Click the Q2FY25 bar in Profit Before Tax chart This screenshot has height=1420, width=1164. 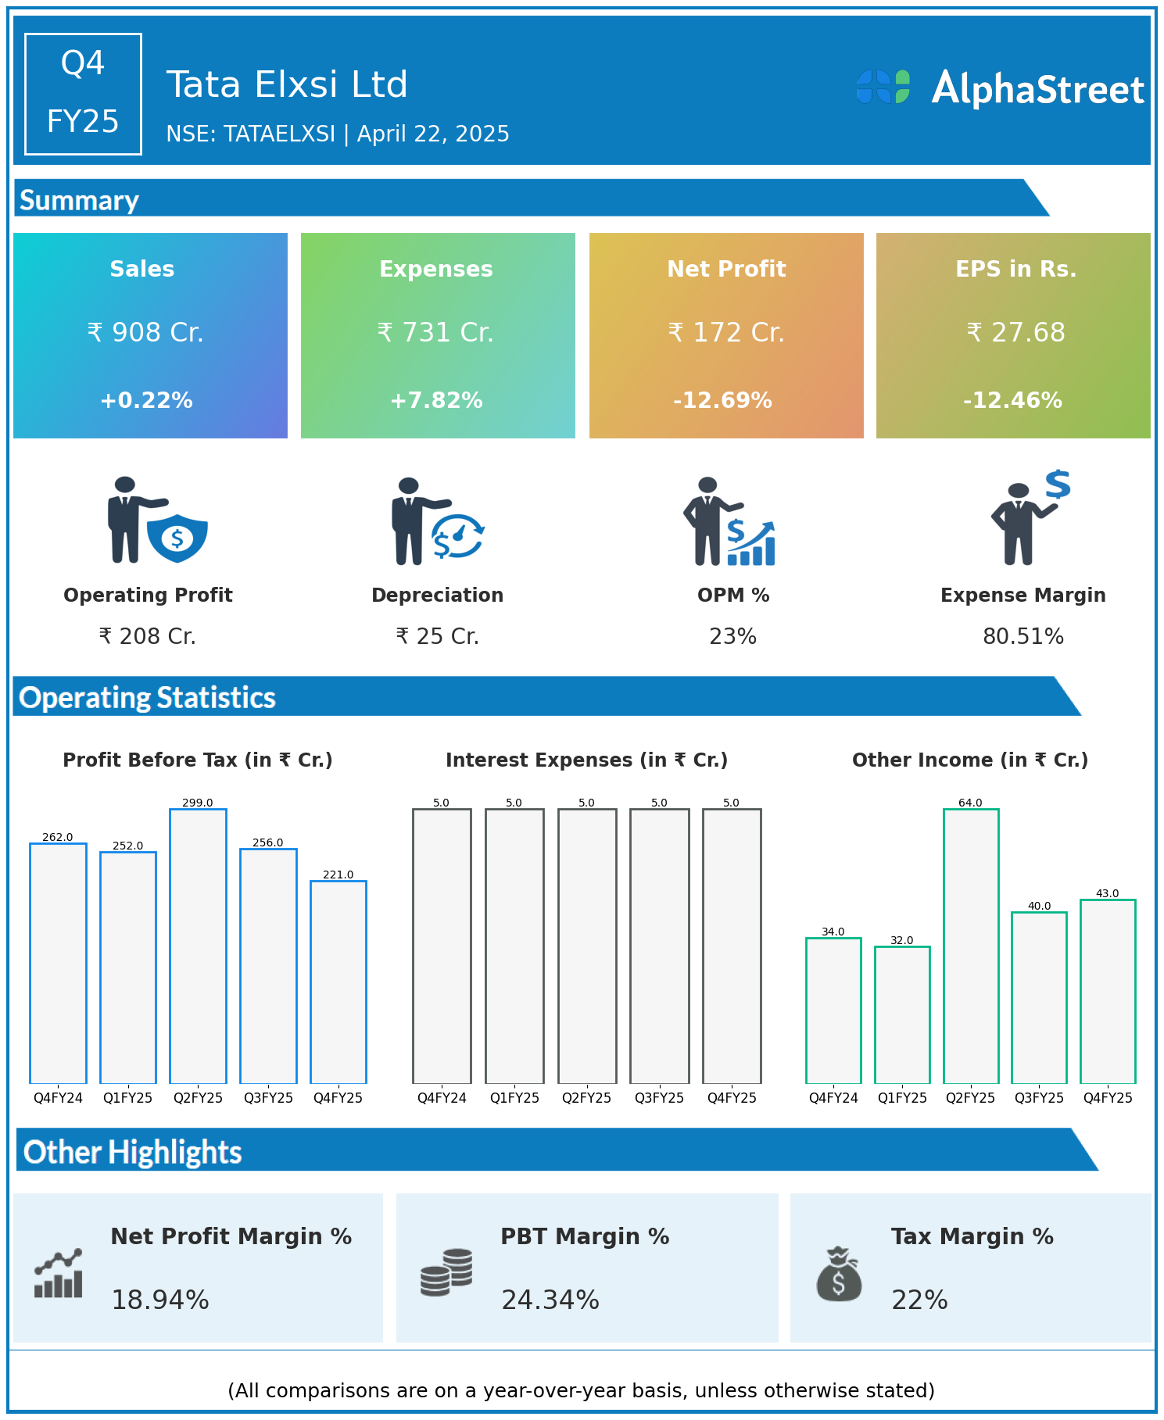[x=198, y=946]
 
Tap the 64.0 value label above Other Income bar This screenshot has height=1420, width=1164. [x=970, y=803]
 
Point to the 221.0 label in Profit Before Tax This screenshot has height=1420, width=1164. [x=338, y=875]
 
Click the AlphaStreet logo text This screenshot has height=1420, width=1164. [x=1037, y=89]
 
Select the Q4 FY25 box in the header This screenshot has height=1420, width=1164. [x=83, y=94]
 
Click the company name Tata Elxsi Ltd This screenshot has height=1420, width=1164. [x=287, y=84]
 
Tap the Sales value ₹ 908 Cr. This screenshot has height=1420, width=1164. [x=145, y=332]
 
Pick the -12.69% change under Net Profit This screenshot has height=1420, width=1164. [x=723, y=400]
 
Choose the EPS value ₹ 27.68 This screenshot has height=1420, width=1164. [x=1015, y=332]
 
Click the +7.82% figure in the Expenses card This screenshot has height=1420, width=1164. [x=436, y=400]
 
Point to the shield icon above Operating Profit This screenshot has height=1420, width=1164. [x=177, y=538]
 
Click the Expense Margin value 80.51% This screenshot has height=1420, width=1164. [x=1023, y=636]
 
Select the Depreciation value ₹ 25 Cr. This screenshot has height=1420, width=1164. [x=437, y=636]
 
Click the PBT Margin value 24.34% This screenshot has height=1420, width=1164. [x=550, y=1300]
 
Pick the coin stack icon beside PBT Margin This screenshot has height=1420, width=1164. [x=446, y=1272]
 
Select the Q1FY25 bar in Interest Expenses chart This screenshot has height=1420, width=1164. [x=514, y=946]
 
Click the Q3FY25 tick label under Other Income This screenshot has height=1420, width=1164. [x=1039, y=1098]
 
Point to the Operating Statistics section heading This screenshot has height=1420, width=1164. [x=148, y=697]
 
